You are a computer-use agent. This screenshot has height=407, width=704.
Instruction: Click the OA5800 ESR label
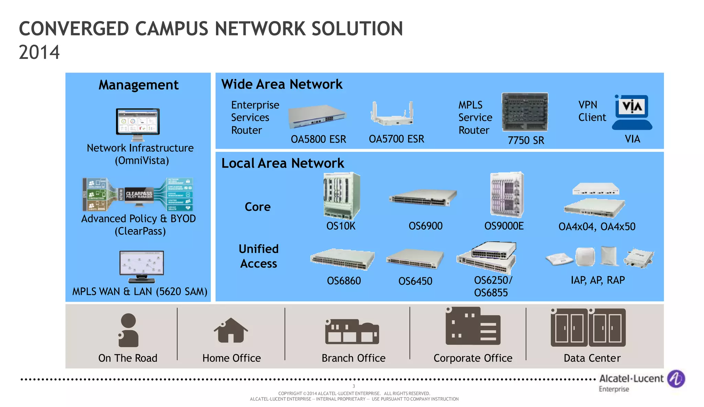pos(318,139)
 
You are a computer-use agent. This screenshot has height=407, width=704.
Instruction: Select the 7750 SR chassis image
pos(525,112)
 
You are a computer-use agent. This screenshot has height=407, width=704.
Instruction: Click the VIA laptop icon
pos(632,113)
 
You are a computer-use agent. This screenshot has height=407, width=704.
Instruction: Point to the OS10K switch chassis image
pos(342,196)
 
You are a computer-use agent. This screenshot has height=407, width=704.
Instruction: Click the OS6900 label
pos(425,226)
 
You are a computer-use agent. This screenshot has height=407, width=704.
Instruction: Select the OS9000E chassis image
pos(507,195)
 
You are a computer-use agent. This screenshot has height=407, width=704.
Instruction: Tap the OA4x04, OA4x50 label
pos(597,227)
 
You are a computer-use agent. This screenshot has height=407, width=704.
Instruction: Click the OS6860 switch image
pos(342,259)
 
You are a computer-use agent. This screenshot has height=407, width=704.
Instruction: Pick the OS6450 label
pos(415,281)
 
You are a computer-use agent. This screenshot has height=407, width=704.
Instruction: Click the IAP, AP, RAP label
pos(597,280)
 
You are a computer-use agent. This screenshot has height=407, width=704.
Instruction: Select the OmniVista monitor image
pos(138,124)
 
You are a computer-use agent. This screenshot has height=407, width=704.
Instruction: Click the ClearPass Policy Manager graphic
pos(138,194)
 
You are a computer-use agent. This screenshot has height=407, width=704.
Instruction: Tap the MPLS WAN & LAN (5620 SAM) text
pos(140,291)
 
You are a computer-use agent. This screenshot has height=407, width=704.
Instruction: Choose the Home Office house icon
pos(231,330)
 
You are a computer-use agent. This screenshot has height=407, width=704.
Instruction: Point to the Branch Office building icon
pos(352,332)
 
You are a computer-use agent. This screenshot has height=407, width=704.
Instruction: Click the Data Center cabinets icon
pos(588,327)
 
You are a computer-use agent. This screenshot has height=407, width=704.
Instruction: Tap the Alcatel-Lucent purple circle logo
pos(676,378)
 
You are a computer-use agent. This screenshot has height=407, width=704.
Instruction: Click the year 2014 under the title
pos(39,52)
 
